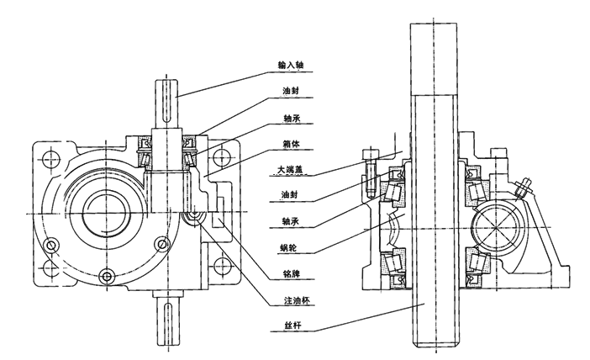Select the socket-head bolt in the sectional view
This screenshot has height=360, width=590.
(370, 168)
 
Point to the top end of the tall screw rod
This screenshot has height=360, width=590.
(435, 34)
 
